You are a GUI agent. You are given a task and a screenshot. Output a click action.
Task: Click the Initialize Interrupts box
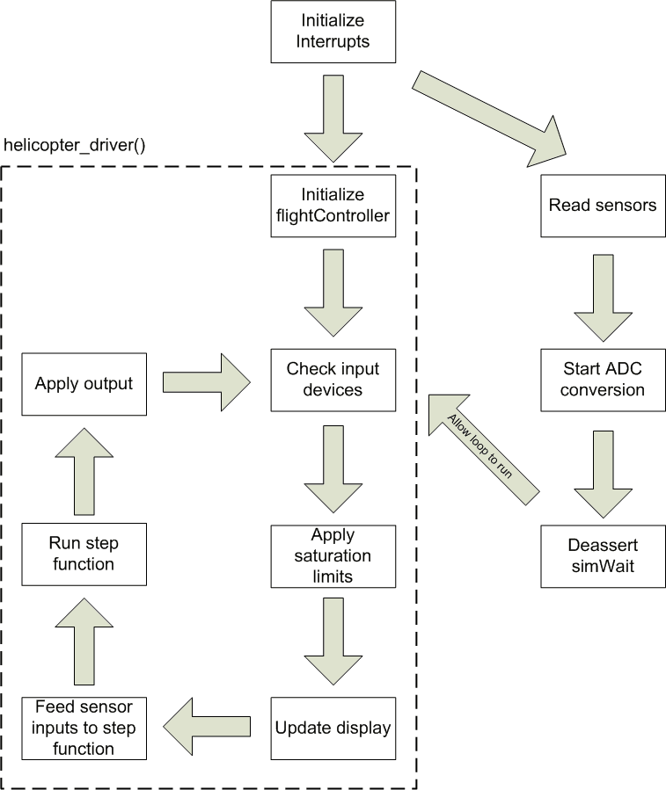coord(333,31)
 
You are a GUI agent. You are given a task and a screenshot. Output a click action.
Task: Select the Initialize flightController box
coord(332,206)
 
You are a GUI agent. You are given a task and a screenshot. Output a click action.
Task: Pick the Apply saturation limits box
coord(332,555)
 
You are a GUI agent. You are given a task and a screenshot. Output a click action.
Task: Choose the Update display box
coord(332,728)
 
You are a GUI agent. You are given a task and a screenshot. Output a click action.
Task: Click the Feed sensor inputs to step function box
coord(84,728)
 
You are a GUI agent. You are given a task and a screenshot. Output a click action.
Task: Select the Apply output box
coord(84,383)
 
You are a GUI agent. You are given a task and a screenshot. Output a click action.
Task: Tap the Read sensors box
coord(603,206)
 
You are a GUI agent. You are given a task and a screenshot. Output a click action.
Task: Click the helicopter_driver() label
coord(75,143)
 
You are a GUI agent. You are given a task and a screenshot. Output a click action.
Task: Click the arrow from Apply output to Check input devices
coord(206,382)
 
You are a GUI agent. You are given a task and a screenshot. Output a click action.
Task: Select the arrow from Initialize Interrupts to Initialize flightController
coord(332,118)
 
